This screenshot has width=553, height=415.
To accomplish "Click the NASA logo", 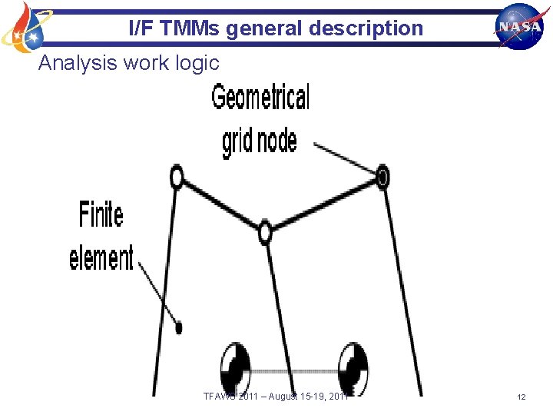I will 519,25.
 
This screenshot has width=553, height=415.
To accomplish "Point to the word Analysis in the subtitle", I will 73,63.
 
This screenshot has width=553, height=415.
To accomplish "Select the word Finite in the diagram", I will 101,214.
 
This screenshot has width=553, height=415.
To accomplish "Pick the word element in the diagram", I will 101,257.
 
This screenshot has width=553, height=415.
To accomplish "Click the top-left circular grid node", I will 177,178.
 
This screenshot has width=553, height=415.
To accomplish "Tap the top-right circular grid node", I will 382,178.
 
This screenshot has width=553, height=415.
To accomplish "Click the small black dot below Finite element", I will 179,327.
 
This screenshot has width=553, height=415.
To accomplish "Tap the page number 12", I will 522,397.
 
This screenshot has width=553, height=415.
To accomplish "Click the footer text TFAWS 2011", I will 230,397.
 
